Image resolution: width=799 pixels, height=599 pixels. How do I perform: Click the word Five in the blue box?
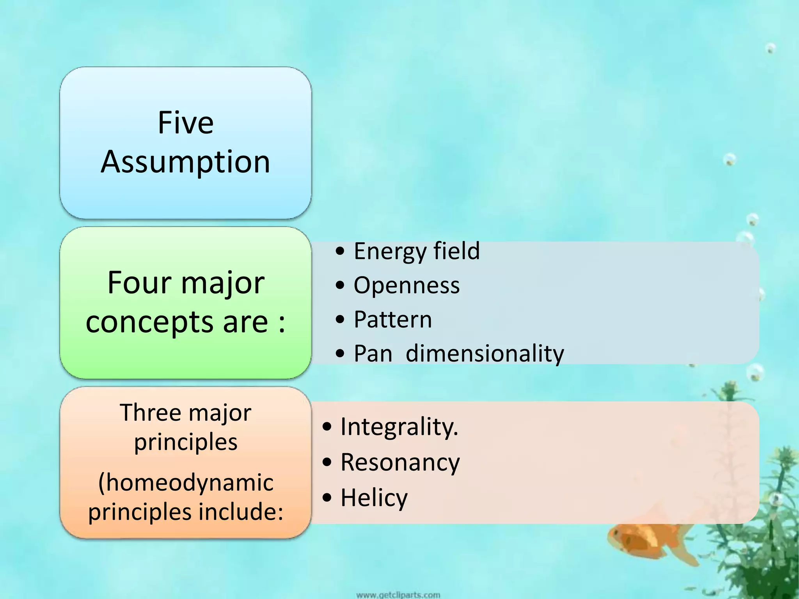click(186, 123)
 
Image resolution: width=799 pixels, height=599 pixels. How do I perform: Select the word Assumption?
click(186, 162)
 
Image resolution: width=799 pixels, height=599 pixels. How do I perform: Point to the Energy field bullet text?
click(417, 251)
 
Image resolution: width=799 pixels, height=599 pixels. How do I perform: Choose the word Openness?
click(407, 285)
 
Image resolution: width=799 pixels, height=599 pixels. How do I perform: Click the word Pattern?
click(393, 319)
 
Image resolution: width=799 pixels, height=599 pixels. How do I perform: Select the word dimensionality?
click(485, 354)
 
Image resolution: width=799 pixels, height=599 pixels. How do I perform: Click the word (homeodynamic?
click(186, 482)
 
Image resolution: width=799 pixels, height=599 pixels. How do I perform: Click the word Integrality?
click(399, 427)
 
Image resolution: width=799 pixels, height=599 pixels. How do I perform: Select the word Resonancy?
click(400, 462)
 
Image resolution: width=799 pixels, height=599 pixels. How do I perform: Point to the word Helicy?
click(374, 498)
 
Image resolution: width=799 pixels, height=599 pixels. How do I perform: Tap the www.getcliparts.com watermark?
click(398, 595)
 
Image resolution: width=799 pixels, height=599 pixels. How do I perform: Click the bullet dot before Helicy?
click(327, 498)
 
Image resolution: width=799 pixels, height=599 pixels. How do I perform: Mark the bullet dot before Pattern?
click(340, 320)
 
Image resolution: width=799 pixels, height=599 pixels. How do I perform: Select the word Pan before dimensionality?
click(373, 354)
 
